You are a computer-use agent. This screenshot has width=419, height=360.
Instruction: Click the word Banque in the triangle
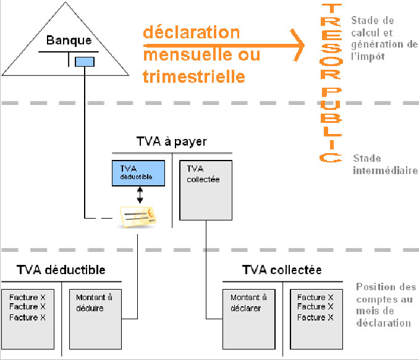[x=69, y=42]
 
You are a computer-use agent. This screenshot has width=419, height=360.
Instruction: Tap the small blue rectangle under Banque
[x=84, y=61]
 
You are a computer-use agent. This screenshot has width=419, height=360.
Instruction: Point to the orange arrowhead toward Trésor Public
[x=299, y=44]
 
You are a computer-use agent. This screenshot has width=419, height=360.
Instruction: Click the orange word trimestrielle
[x=193, y=77]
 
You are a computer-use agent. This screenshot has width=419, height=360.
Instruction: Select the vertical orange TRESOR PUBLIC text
[x=331, y=83]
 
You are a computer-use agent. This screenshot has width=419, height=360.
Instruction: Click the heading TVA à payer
[x=171, y=142]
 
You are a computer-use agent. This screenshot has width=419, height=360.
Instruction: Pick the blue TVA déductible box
[x=138, y=173]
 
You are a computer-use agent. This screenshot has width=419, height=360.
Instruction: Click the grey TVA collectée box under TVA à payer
[x=205, y=190]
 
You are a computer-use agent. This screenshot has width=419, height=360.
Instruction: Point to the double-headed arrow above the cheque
[x=140, y=196]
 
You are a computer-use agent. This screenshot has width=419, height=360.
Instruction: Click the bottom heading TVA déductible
[x=61, y=270]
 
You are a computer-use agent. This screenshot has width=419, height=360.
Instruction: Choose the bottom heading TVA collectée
[x=282, y=270]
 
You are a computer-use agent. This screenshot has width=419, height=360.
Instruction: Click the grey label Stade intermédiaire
[x=384, y=164]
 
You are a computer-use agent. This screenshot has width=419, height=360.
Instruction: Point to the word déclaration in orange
[x=192, y=32]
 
